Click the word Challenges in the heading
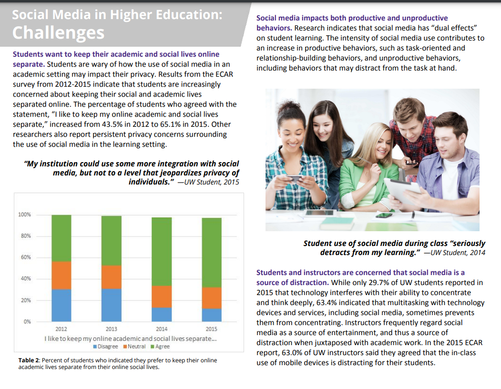click(58, 32)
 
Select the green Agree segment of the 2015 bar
click(212, 252)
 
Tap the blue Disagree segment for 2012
click(61, 305)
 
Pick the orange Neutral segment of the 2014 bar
click(162, 297)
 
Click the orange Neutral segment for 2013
click(111, 277)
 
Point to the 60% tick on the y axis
click(24, 257)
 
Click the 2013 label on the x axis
click(111, 329)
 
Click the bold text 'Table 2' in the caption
click(29, 360)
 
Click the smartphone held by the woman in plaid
click(295, 179)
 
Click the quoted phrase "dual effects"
click(453, 28)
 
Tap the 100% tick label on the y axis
click(24, 215)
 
